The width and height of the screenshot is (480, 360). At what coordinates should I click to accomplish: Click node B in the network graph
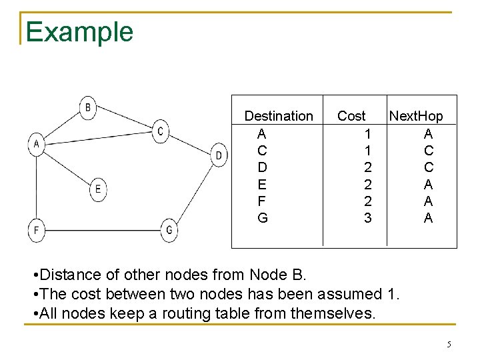pyautogui.click(x=89, y=107)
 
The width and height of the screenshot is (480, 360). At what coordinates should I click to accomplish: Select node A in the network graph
pyautogui.click(x=36, y=143)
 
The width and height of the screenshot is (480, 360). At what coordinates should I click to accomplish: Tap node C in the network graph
pyautogui.click(x=160, y=131)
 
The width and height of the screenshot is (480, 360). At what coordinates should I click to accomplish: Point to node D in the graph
pyautogui.click(x=219, y=155)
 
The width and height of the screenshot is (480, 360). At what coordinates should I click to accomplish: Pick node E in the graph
pyautogui.click(x=98, y=189)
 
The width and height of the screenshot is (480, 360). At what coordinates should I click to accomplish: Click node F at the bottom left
pyautogui.click(x=37, y=231)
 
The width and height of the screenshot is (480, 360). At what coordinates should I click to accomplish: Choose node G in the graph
pyautogui.click(x=169, y=231)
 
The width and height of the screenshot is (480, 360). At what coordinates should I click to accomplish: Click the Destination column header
pyautogui.click(x=278, y=116)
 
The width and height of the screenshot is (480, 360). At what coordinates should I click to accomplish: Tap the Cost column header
pyautogui.click(x=351, y=116)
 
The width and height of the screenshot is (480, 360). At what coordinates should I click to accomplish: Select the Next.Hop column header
pyautogui.click(x=416, y=116)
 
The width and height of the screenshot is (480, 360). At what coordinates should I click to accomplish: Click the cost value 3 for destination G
pyautogui.click(x=368, y=218)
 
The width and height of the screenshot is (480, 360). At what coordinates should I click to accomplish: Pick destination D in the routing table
pyautogui.click(x=262, y=167)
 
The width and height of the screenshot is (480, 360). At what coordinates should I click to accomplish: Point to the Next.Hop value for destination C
pyautogui.click(x=428, y=151)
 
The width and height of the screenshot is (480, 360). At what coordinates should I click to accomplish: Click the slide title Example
pyautogui.click(x=79, y=31)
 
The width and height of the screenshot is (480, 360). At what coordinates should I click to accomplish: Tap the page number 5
pyautogui.click(x=449, y=345)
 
